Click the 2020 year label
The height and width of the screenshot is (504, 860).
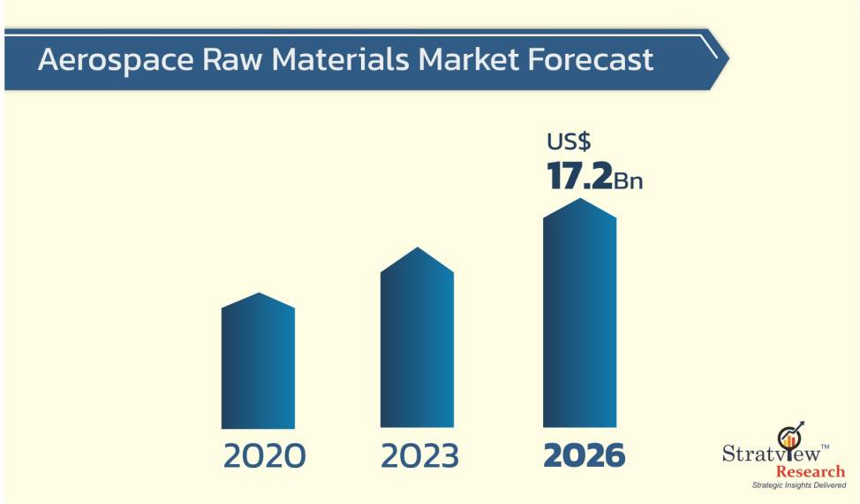coord(264,456)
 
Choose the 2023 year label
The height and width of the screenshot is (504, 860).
coord(419,456)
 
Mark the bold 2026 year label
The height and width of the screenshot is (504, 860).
coord(584,456)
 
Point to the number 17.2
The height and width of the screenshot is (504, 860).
coord(579,177)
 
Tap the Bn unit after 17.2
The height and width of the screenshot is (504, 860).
coord(629,181)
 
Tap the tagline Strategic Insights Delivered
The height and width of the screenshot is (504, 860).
coord(798,485)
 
